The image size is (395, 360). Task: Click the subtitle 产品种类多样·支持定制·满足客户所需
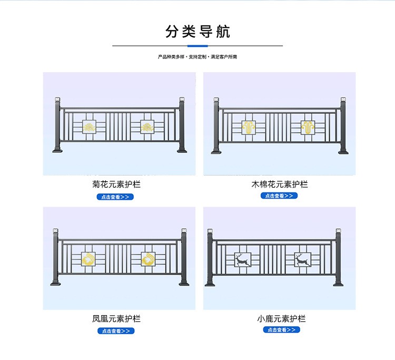(197, 56)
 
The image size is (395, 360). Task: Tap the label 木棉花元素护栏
(280, 184)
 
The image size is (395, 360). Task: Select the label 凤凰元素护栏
(116, 319)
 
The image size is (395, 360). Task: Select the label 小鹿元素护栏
(282, 319)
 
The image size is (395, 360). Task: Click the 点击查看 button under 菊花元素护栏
(115, 197)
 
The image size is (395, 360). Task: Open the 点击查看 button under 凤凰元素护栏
(116, 331)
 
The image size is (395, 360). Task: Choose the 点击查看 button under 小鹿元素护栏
(282, 330)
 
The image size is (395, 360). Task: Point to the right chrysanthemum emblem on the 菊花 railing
(147, 127)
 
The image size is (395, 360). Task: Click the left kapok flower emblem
(249, 127)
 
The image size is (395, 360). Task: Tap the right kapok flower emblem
(307, 127)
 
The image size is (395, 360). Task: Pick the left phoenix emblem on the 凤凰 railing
(88, 259)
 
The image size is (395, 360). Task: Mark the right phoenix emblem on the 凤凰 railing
(149, 259)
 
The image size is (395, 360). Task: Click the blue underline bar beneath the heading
(197, 46)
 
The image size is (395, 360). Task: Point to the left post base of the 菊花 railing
(58, 151)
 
